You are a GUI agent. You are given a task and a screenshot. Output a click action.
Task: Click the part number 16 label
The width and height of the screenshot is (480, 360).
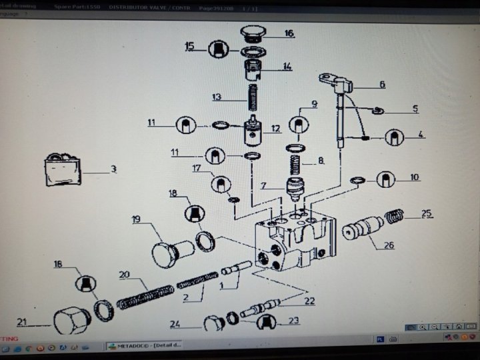(289, 33)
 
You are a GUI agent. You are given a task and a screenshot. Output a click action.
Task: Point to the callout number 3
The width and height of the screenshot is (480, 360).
(113, 169)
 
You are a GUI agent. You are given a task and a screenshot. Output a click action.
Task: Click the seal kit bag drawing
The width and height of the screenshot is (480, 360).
(62, 170)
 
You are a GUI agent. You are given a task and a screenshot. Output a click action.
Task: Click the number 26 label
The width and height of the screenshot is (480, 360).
(389, 245)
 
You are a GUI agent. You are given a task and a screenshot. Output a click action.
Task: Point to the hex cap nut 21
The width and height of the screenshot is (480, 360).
(71, 321)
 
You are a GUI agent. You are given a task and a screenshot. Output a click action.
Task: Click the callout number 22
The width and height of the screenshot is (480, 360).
(309, 301)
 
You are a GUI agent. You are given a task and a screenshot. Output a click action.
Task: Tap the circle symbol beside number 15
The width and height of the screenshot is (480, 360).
(219, 48)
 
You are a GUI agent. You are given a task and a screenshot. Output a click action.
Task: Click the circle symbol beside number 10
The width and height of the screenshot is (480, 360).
(386, 179)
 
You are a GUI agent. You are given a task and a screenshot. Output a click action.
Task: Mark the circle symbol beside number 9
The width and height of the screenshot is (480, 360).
(299, 125)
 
